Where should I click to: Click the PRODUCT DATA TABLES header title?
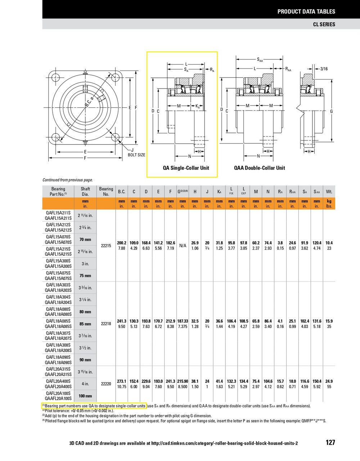point(306,12)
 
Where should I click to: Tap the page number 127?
point(330,442)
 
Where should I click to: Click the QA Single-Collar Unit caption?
point(186,168)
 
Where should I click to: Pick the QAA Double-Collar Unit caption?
point(259,168)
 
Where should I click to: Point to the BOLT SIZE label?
point(136,155)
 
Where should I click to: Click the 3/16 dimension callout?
point(324,68)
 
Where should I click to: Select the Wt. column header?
point(329,192)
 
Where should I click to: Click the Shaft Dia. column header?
point(85,191)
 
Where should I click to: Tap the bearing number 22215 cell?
point(106,246)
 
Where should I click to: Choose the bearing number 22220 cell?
point(106,384)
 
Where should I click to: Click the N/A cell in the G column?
point(183,246)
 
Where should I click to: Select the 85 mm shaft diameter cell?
point(85,324)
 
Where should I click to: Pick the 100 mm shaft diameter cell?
point(85,396)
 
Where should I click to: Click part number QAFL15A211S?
point(58,213)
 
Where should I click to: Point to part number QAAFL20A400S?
point(58,386)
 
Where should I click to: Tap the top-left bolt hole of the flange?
point(55,77)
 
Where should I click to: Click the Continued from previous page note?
point(68,180)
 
